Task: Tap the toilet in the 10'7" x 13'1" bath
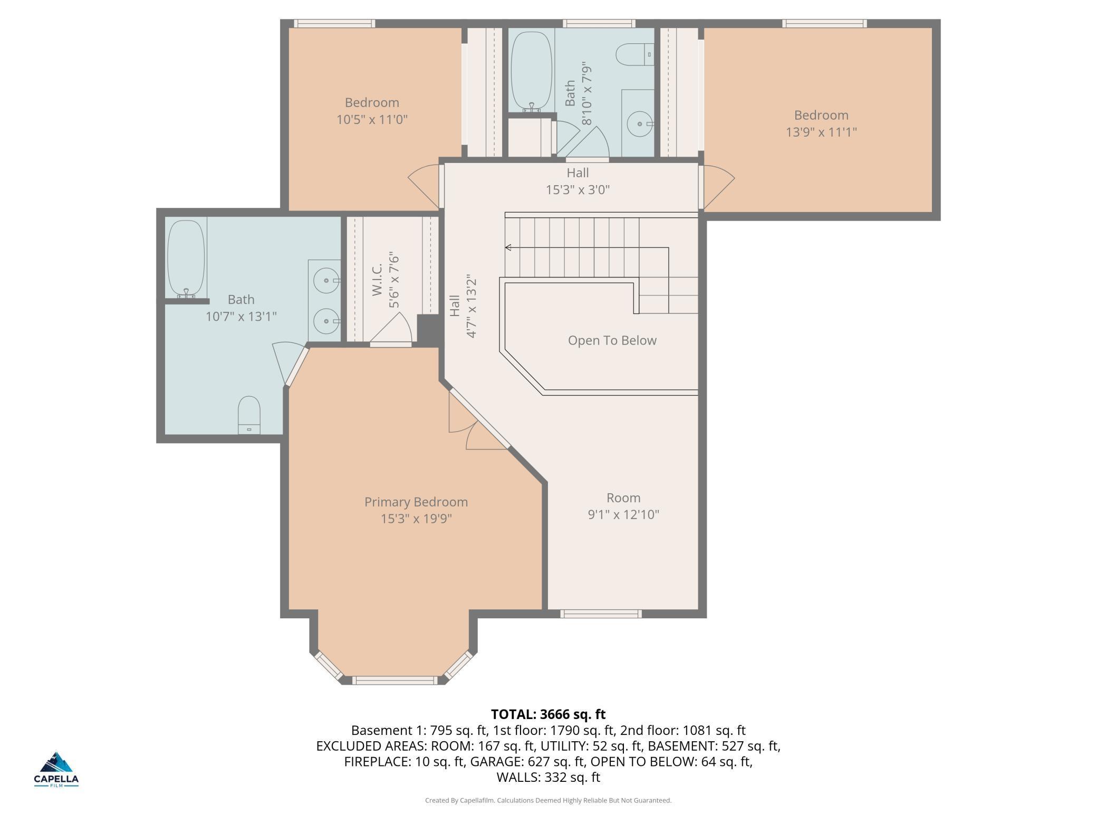[249, 415]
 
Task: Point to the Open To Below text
[612, 340]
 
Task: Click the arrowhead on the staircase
[508, 247]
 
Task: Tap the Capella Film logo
[56, 769]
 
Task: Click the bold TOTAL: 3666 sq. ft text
[548, 714]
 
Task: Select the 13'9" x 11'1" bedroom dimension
[821, 132]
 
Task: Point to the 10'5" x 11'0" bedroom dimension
[372, 119]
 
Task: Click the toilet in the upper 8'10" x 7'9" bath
[635, 54]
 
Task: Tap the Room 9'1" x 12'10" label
[623, 506]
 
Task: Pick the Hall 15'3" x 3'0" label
[578, 181]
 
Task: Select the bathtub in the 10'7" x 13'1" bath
[186, 259]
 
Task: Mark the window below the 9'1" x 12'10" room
[601, 614]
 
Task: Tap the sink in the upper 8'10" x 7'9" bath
[640, 125]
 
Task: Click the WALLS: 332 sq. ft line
[548, 777]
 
